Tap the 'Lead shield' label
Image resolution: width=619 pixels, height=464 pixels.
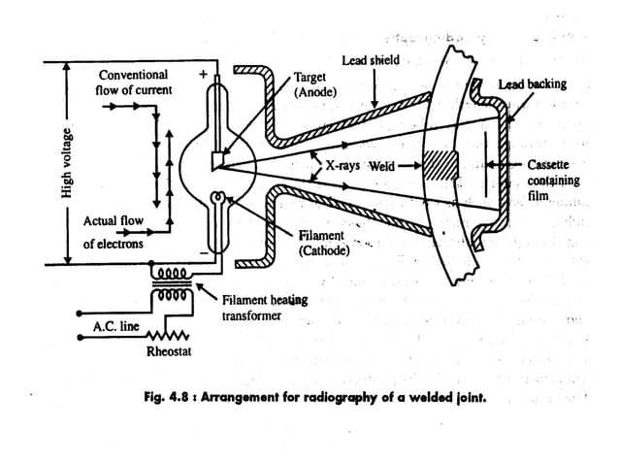[x=370, y=61]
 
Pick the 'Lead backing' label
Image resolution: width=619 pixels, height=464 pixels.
[x=532, y=84]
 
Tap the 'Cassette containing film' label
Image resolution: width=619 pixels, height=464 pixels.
[x=553, y=181]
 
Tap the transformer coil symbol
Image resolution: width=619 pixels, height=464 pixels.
[x=175, y=283]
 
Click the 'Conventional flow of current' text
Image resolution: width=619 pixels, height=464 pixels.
[x=135, y=83]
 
